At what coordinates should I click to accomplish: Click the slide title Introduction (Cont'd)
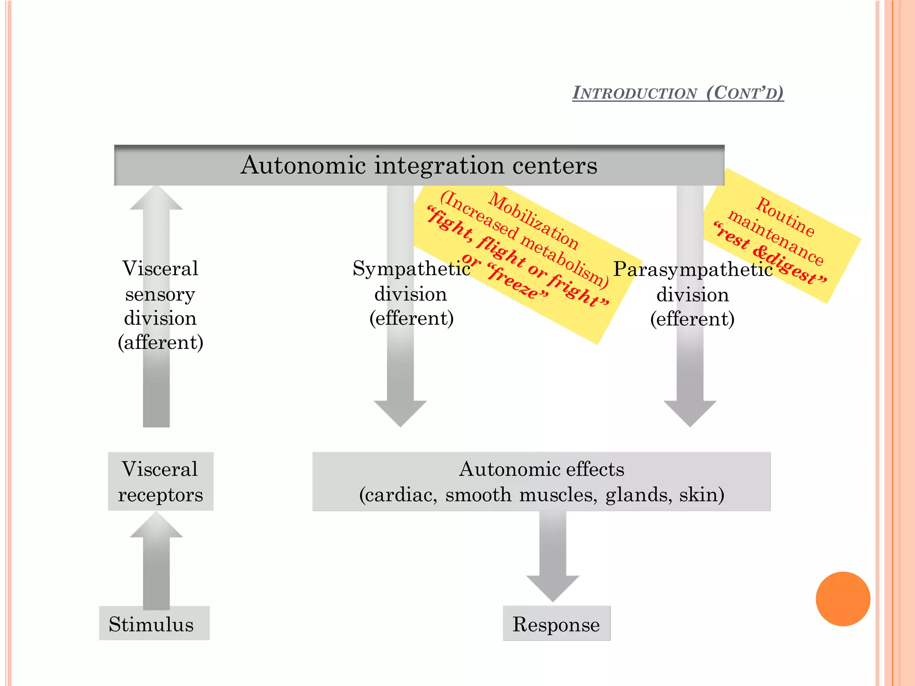coord(678,93)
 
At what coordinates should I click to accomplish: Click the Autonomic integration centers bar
coord(419,165)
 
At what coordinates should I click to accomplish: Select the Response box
coord(556,624)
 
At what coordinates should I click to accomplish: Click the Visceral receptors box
coord(160,481)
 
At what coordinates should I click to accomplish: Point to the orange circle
coord(843,598)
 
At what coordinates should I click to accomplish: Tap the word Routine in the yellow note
coord(785,217)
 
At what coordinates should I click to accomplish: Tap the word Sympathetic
coord(411,268)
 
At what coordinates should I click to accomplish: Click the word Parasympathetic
coord(693,269)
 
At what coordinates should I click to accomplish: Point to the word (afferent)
coord(160,343)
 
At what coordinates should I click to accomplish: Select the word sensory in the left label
coord(160,294)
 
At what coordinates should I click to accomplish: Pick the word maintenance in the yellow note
coord(776,237)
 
